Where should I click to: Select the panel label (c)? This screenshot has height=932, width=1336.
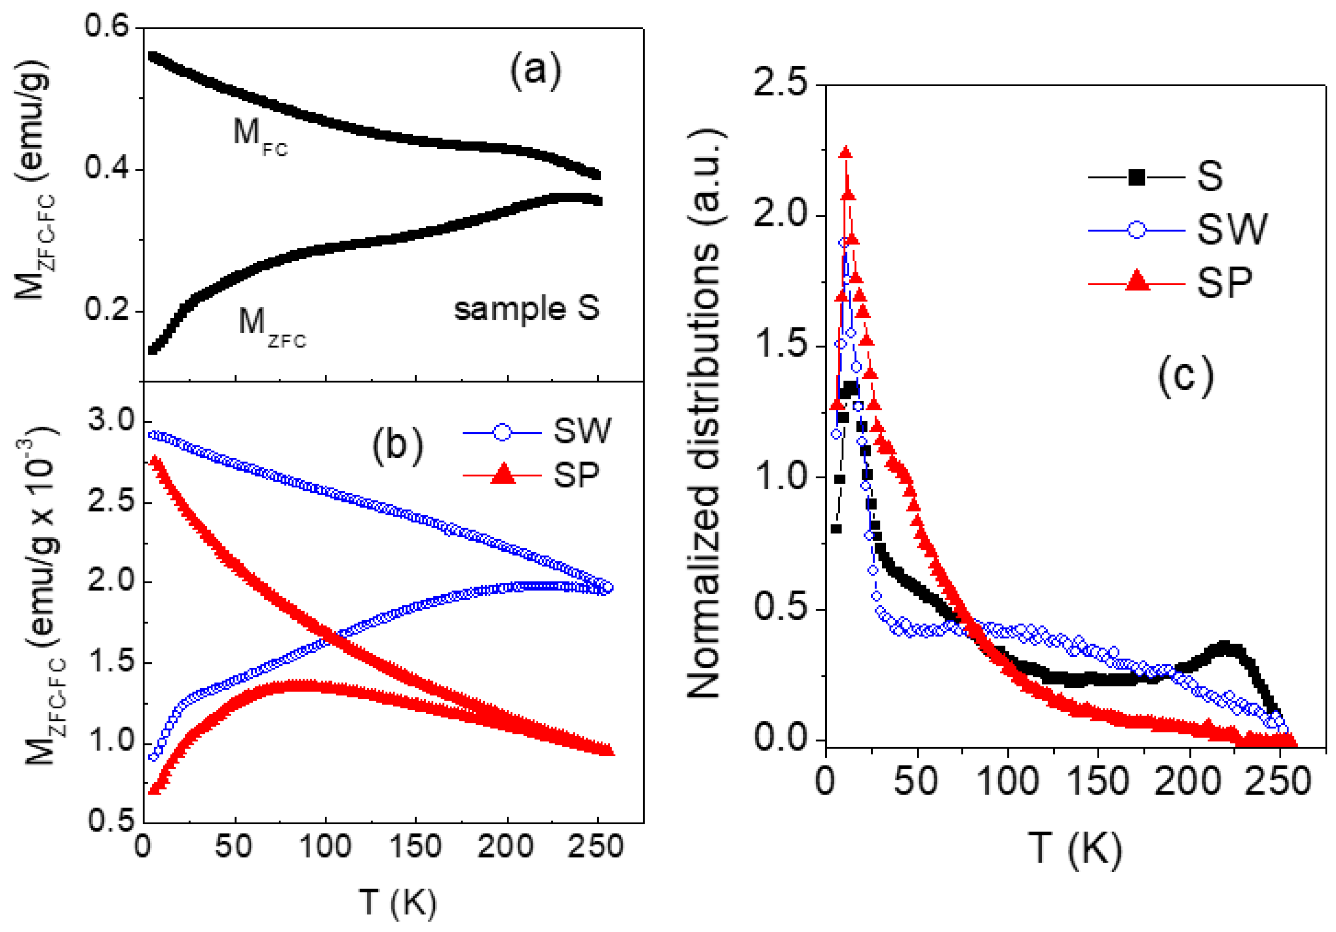(x=1185, y=377)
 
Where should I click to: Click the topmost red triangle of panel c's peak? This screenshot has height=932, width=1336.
(x=846, y=152)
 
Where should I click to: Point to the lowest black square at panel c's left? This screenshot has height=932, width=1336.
(x=836, y=529)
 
